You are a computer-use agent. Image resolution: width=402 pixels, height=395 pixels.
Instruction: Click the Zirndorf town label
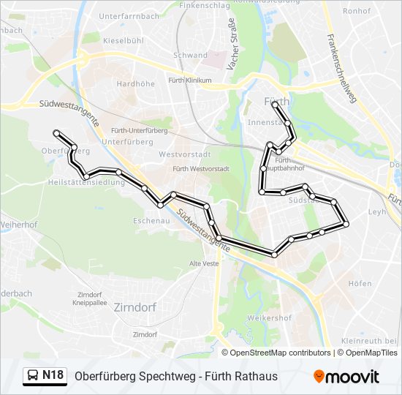point(135,308)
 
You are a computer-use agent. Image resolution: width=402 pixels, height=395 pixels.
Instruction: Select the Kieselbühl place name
point(123,40)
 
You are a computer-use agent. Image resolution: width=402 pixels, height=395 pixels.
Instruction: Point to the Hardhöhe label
point(135,84)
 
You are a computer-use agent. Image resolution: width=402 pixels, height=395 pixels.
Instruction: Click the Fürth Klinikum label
point(189,80)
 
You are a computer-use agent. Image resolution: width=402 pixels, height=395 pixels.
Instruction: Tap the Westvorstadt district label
point(184,154)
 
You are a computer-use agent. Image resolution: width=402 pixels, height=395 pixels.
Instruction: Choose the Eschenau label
point(151,219)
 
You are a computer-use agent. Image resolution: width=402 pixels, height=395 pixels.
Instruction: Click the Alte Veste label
point(204,263)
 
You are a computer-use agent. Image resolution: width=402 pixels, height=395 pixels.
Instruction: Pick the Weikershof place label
point(270,318)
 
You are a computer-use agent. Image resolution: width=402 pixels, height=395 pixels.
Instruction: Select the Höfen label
point(360,283)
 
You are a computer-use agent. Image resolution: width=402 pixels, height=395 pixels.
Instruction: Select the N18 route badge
point(53,375)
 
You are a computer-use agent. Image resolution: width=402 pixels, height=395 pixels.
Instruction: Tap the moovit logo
point(346,376)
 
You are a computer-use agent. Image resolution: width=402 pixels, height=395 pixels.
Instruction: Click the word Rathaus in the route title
point(255,376)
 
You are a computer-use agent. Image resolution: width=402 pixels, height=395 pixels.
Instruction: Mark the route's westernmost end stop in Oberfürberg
point(56,132)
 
